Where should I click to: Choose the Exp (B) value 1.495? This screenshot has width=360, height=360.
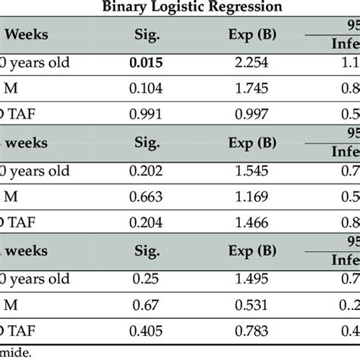coord(255,284)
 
